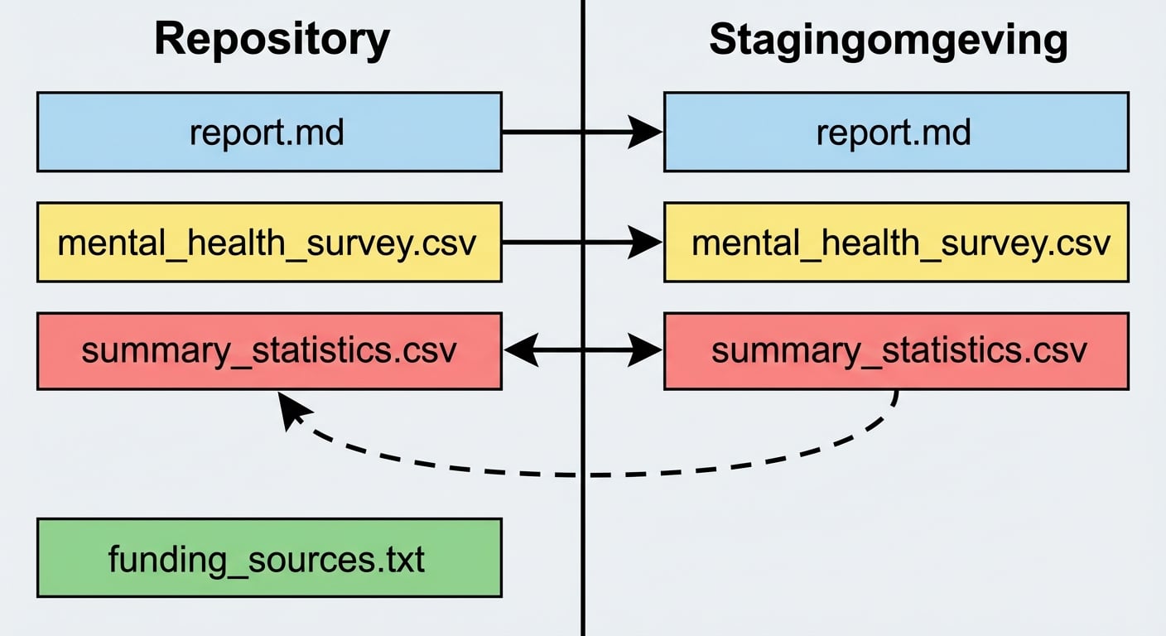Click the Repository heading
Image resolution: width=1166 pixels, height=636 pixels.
pos(272,40)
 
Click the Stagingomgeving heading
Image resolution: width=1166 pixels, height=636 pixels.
pos(888,40)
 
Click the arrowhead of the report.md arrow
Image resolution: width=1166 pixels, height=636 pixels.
pos(646,132)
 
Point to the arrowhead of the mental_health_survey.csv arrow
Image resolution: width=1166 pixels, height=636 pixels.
pos(646,242)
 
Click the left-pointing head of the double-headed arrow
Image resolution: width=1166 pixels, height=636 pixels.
pos(519,351)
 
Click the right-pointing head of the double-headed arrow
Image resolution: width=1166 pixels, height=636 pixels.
pos(646,351)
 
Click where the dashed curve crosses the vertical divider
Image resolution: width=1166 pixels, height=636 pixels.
pos(583,475)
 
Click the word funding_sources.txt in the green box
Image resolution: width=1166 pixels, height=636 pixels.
pos(267,559)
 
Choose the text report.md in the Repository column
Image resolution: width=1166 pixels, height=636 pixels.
pos(267,132)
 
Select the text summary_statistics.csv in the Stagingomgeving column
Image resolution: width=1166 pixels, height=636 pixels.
pos(899,351)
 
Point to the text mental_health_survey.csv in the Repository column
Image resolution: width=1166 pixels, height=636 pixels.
pos(267,243)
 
